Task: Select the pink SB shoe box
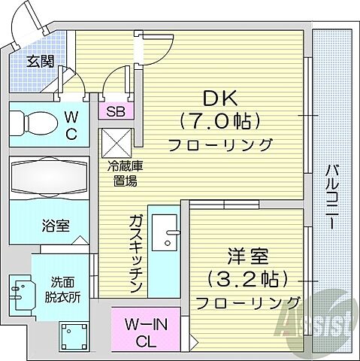[116, 112]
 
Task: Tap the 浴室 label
[55, 224]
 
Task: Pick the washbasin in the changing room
[22, 290]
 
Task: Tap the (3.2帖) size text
[246, 280]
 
